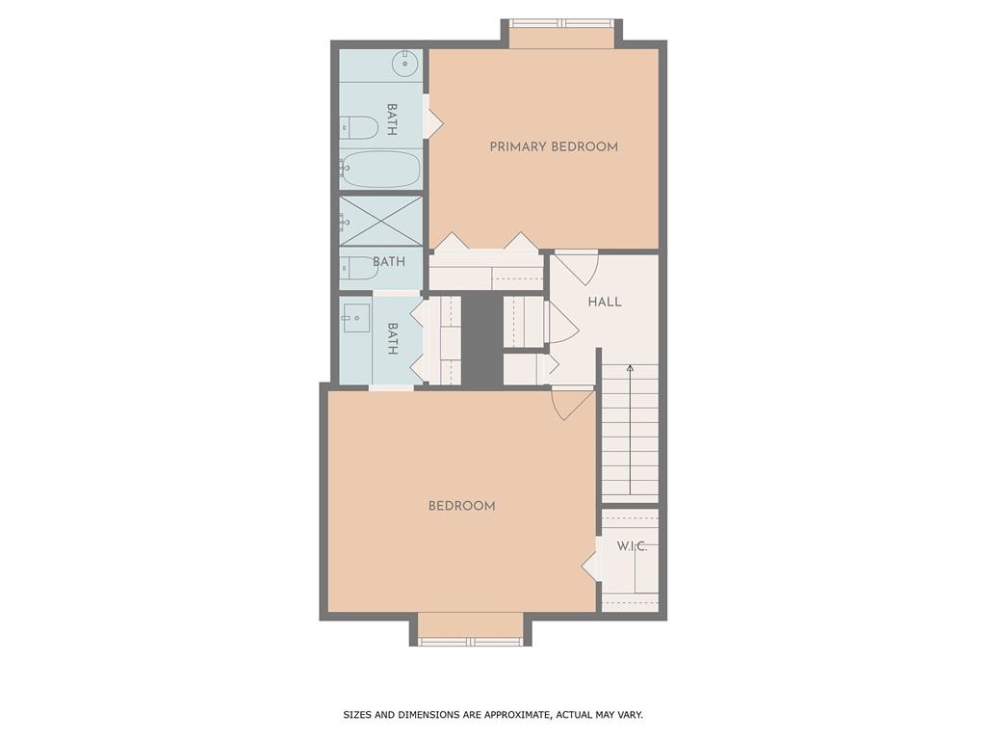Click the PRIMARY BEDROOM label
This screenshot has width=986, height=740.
[x=554, y=147]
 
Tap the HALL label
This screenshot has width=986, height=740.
[x=605, y=302]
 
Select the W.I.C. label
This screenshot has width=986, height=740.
[x=632, y=546]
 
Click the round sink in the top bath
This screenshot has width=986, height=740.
[x=405, y=65]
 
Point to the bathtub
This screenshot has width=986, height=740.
[x=382, y=170]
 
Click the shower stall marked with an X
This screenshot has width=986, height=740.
[x=381, y=221]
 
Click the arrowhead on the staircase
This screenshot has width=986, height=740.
[x=630, y=368]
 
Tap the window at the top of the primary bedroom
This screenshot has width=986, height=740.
[x=561, y=23]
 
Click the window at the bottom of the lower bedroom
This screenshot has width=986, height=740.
[x=471, y=641]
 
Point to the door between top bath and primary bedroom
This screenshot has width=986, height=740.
[x=433, y=121]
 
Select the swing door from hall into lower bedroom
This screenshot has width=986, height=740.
[x=572, y=403]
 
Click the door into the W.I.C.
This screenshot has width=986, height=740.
[x=590, y=566]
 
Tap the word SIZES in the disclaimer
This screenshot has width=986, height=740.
[x=361, y=715]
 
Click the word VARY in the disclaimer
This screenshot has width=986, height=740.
[x=627, y=715]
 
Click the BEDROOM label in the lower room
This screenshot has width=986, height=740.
[x=462, y=506]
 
